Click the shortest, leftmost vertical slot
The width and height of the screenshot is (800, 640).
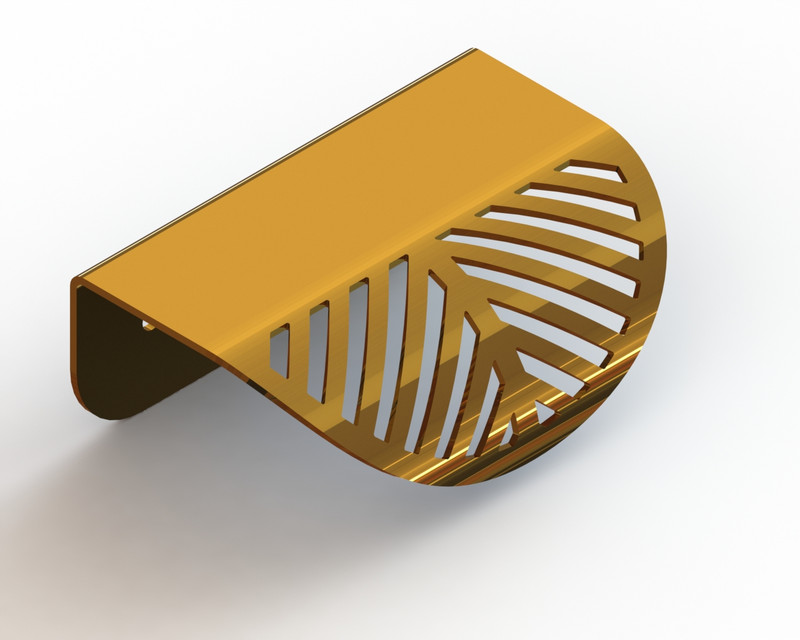point(280,350)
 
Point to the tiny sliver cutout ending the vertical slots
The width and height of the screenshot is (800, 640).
point(508,430)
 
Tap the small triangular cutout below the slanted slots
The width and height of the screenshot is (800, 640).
point(542,410)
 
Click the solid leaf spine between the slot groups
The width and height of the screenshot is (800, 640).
point(470,300)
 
